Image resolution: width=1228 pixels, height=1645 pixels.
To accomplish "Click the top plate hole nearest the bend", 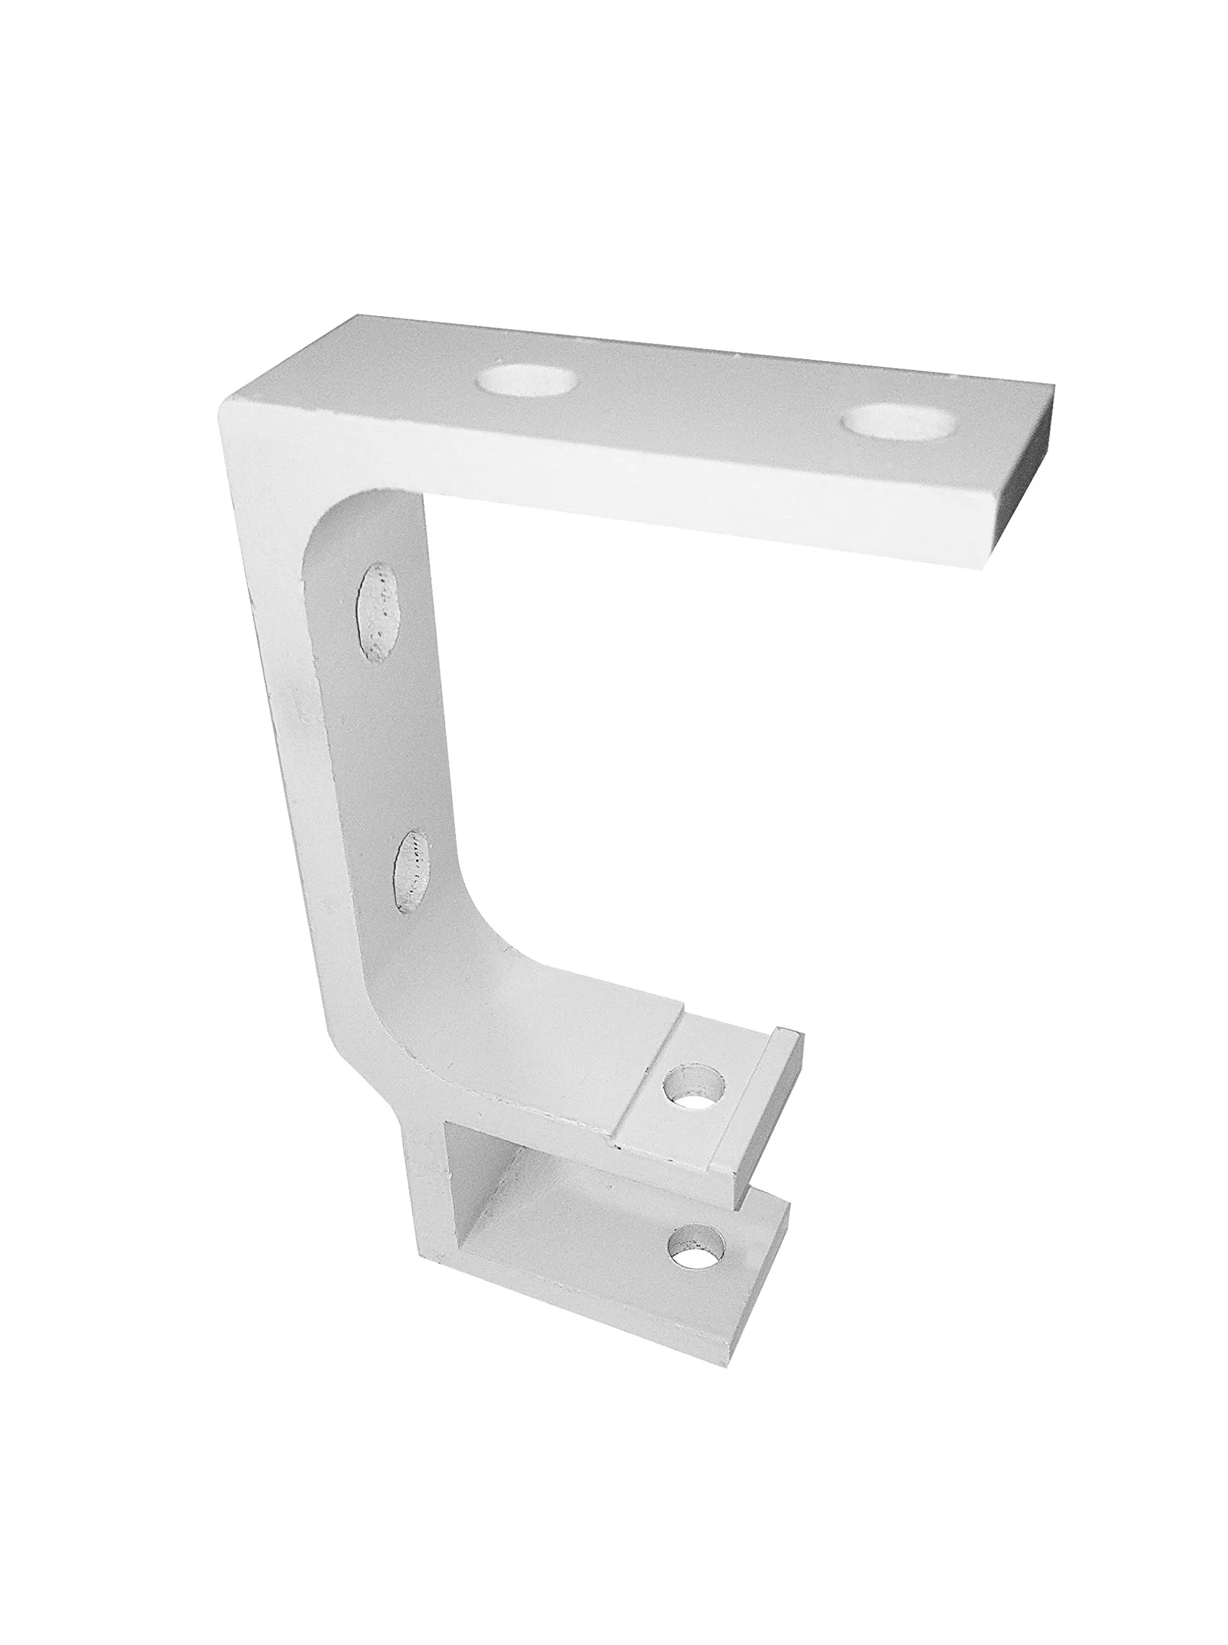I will tap(528, 379).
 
